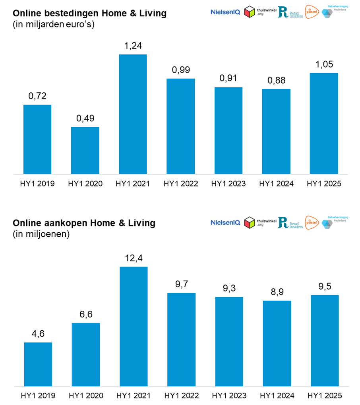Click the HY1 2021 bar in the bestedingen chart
point(133,114)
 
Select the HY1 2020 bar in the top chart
point(85,150)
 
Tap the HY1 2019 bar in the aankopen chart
point(38,364)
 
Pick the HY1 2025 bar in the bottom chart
point(325,341)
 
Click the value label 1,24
point(133,47)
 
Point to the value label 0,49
point(85,119)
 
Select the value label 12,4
point(134,259)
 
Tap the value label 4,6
point(38,334)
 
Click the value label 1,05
point(324,65)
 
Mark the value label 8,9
point(277,292)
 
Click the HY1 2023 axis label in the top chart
point(228,184)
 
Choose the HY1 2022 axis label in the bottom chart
point(181,396)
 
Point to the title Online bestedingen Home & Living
point(90,14)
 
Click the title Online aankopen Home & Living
point(84,223)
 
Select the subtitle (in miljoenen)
point(42,234)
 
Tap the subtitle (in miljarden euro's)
point(56,24)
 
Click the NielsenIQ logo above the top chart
point(225,12)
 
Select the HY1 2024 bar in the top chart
point(276,131)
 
